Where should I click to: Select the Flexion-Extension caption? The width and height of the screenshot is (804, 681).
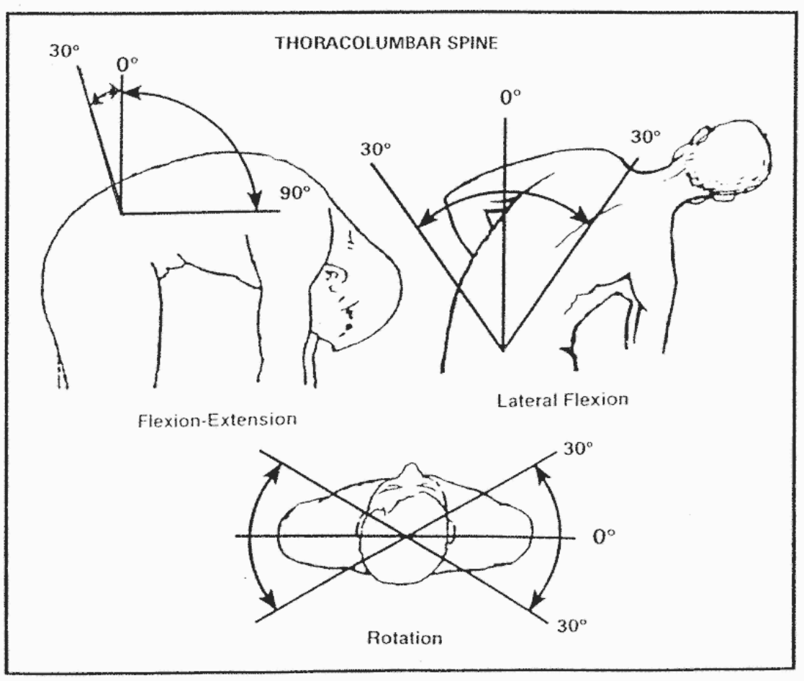click(x=216, y=420)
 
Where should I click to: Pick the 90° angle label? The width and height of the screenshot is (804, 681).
click(x=295, y=193)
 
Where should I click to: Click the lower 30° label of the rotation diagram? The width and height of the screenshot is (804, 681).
click(x=574, y=626)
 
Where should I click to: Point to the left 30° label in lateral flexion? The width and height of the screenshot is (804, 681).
click(x=376, y=148)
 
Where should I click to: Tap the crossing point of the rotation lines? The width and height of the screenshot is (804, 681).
click(x=407, y=537)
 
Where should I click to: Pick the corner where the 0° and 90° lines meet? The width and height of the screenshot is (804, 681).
click(x=122, y=212)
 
